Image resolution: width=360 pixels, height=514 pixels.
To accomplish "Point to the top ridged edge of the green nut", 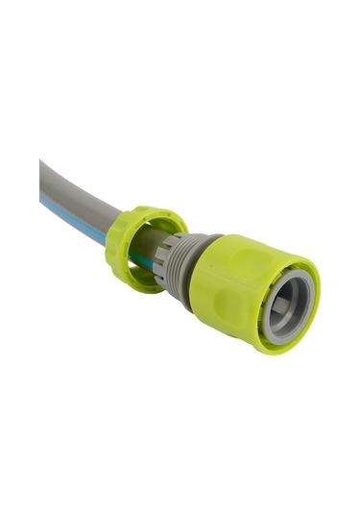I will coord(144,211).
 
